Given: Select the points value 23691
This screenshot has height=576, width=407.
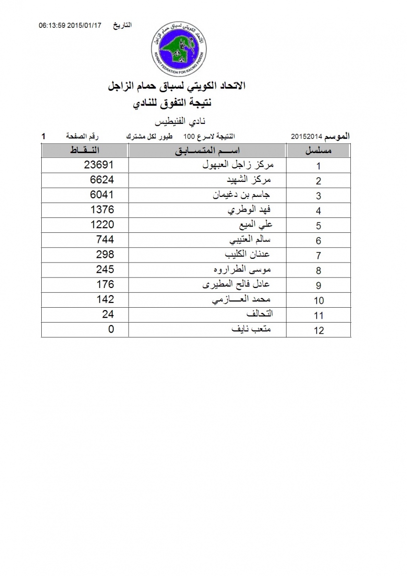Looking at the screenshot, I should pyautogui.click(x=98, y=165).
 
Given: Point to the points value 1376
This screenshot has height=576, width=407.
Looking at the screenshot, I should pyautogui.click(x=102, y=210).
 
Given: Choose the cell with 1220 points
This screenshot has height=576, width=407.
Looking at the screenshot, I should pyautogui.click(x=102, y=225).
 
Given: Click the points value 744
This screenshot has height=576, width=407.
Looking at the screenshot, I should pyautogui.click(x=105, y=240).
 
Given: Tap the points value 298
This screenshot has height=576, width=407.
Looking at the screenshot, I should pyautogui.click(x=105, y=254).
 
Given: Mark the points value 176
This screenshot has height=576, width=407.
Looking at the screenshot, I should pyautogui.click(x=105, y=284).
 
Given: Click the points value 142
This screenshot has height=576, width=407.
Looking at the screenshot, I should pyautogui.click(x=105, y=299).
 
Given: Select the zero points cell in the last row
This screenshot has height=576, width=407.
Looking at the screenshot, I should pyautogui.click(x=111, y=329).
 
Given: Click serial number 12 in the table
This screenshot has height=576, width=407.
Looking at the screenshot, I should pyautogui.click(x=318, y=330).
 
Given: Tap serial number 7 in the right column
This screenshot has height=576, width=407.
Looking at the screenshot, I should pyautogui.click(x=318, y=256).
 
